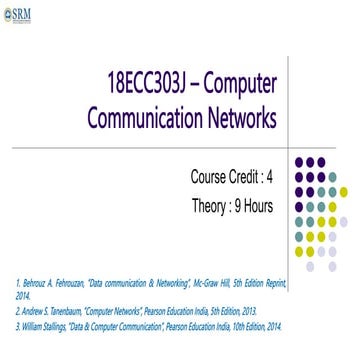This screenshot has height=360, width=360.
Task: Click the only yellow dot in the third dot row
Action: pos(343,192)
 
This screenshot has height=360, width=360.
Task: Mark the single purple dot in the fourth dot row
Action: pos(297,208)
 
